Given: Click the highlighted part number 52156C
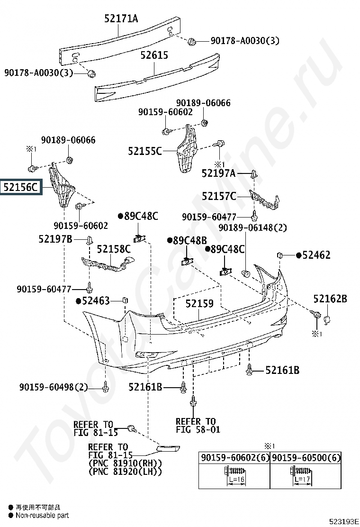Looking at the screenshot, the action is click(21, 187).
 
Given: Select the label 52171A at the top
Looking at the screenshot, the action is click(121, 18).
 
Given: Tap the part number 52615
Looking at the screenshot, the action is click(154, 55).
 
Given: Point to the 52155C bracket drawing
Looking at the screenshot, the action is click(186, 148).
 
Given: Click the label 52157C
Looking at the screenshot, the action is click(219, 196).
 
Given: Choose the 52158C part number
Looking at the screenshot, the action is click(114, 249).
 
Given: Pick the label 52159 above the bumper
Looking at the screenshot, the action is click(199, 303).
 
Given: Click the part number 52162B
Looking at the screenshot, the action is click(331, 299).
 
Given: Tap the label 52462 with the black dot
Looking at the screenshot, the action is click(313, 255).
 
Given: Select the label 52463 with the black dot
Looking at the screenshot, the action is click(93, 300).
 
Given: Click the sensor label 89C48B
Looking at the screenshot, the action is click(187, 241).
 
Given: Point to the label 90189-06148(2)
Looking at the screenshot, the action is click(253, 228).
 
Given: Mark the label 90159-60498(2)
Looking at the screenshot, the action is click(54, 387).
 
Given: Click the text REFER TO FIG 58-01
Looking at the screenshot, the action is click(198, 426).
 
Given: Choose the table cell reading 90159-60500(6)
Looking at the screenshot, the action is click(306, 457).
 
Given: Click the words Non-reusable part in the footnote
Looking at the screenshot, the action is click(42, 516).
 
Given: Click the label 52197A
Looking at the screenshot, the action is click(218, 173).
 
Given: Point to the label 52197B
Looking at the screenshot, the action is click(55, 239).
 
